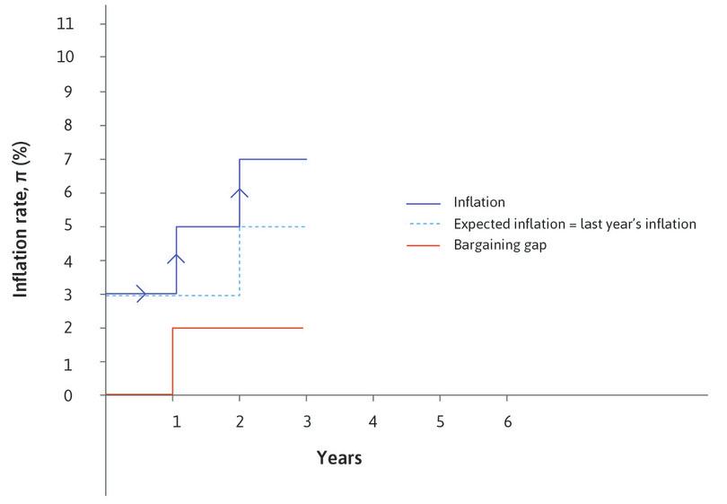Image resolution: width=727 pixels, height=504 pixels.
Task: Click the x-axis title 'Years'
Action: click(x=339, y=458)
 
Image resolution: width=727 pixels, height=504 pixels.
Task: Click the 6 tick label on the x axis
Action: click(x=507, y=420)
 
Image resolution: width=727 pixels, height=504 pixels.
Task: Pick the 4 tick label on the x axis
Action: click(x=372, y=420)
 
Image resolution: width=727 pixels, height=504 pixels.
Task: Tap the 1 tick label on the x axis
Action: click(x=177, y=420)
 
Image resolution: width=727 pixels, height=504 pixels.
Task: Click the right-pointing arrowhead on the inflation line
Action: click(x=141, y=293)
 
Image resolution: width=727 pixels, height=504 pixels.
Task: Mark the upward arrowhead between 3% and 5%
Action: click(x=177, y=259)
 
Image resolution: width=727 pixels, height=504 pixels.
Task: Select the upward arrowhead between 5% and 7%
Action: click(x=240, y=191)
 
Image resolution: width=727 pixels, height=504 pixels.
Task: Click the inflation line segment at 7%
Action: click(x=273, y=159)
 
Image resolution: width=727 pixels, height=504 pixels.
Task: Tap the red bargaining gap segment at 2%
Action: click(x=238, y=328)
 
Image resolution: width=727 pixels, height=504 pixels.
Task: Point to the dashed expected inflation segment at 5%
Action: click(x=273, y=226)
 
